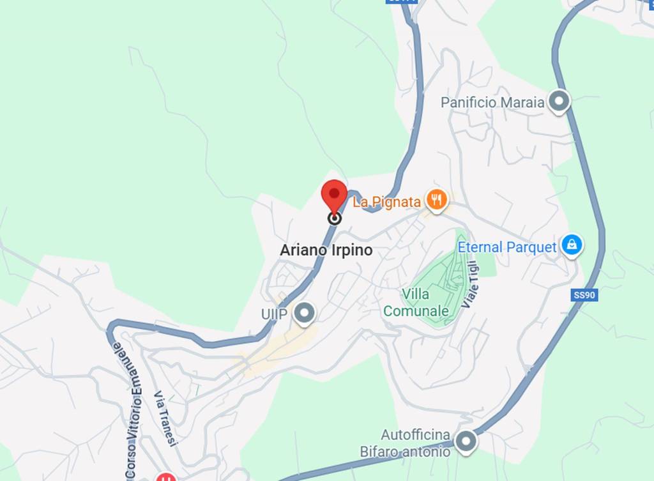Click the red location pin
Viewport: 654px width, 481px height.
333,194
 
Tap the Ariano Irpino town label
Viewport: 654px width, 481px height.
326,250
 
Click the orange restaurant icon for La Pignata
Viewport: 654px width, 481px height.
436,201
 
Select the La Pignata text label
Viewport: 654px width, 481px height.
387,202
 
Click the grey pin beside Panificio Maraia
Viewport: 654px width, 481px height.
559,102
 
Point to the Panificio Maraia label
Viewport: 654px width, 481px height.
492,102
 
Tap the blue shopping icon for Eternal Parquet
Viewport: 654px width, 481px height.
572,245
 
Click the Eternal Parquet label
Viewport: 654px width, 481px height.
507,247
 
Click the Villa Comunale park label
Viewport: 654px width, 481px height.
416,303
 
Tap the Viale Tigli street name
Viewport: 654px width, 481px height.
470,285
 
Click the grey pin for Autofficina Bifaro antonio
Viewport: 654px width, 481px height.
466,441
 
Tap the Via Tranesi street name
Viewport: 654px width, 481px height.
165,419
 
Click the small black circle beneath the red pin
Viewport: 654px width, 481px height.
333,218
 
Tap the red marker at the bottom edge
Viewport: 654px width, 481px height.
166,477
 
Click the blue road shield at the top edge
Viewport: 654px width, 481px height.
402,2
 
